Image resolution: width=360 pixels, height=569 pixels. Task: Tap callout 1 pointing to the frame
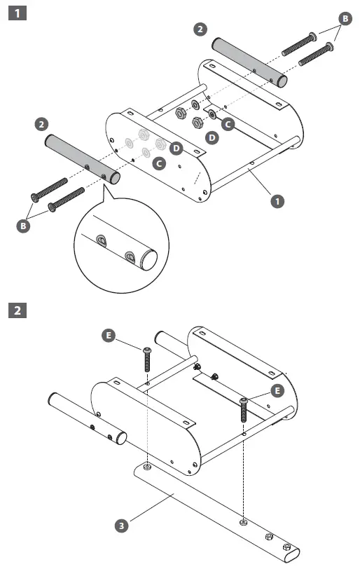pos(278,200)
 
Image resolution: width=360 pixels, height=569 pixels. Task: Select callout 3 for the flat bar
pos(122,524)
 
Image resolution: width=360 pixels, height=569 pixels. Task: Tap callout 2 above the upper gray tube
pos(201,29)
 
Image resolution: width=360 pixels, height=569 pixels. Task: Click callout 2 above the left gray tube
pos(41,124)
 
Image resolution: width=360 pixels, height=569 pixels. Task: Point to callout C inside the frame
pos(227,123)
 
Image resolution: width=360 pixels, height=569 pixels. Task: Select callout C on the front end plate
pos(159,164)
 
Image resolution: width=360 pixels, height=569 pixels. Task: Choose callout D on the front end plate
pos(176,149)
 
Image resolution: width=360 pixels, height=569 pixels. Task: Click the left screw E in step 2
pos(148,359)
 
